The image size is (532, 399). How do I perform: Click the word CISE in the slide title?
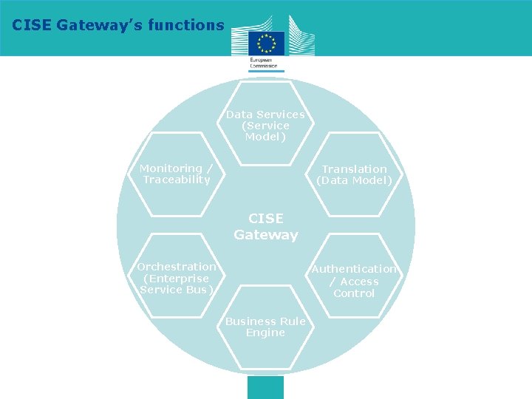(32, 25)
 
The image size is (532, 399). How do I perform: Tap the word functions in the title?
(185, 25)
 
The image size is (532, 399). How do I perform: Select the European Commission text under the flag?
(264, 62)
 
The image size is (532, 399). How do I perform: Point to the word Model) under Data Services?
(265, 137)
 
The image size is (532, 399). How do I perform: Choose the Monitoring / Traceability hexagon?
(177, 174)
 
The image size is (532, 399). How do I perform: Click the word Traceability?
(177, 180)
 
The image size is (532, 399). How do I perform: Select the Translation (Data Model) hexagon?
(354, 174)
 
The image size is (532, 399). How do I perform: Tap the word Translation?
(354, 169)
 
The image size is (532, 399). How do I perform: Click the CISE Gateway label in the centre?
(266, 227)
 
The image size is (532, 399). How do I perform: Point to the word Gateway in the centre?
(266, 236)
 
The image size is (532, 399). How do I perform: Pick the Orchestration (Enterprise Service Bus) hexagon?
(177, 278)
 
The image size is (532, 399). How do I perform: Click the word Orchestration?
(177, 267)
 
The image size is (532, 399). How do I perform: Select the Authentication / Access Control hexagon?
(354, 281)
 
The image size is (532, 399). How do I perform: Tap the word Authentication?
(354, 269)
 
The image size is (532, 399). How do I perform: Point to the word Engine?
(265, 333)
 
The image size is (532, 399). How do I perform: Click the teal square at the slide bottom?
(265, 387)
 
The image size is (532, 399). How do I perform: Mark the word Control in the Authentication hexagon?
(354, 293)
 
